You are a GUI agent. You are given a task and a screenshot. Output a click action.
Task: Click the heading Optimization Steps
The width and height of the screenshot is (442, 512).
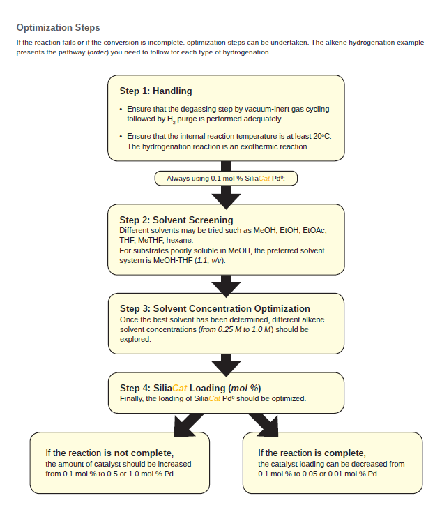click(58, 28)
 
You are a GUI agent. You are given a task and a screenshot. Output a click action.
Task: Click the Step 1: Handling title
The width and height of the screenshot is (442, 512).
click(155, 91)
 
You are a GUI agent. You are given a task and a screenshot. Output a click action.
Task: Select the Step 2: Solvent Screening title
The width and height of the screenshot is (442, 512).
click(176, 220)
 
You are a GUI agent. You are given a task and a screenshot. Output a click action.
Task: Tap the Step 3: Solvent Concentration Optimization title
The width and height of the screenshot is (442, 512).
click(215, 308)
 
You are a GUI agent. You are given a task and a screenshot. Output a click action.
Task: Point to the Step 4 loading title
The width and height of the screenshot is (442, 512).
click(190, 388)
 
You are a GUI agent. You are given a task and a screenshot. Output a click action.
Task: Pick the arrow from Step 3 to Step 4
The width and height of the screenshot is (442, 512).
click(226, 362)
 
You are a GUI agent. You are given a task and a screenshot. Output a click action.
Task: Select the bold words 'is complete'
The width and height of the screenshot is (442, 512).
click(340, 453)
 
